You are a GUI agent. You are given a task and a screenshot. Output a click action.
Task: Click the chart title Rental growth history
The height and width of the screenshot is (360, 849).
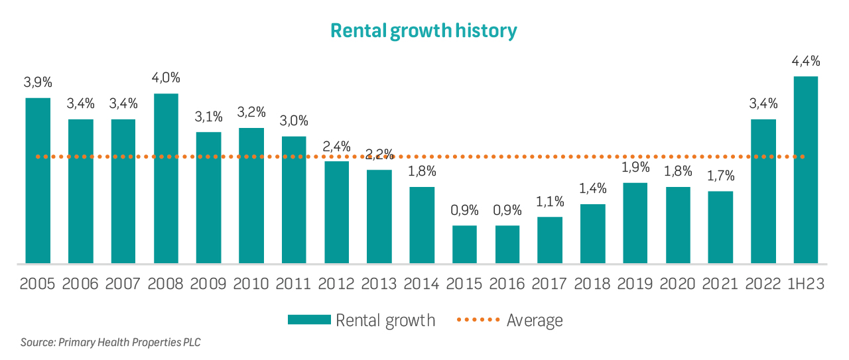[423, 31]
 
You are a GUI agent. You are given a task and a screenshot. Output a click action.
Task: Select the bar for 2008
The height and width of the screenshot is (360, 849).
[166, 178]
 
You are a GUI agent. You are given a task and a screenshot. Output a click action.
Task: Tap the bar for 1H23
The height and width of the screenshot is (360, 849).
[805, 170]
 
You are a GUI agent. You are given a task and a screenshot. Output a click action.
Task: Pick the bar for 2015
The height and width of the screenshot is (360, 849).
[464, 245]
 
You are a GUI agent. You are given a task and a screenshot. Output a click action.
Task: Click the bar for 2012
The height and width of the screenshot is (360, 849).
[336, 212]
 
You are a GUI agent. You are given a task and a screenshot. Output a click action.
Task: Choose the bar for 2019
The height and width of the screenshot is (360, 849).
[635, 223]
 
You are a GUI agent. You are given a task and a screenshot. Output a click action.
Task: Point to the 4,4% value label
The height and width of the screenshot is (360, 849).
[805, 62]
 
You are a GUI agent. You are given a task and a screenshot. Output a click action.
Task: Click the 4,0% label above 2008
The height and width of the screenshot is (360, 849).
[166, 78]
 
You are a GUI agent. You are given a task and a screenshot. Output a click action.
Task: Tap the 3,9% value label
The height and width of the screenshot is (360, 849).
[38, 83]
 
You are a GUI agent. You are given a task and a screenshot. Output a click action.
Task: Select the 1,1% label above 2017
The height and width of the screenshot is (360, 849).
[550, 202]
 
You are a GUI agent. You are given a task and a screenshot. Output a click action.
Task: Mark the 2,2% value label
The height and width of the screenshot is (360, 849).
[379, 154]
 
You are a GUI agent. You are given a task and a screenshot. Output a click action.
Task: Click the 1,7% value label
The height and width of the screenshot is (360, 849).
[720, 176]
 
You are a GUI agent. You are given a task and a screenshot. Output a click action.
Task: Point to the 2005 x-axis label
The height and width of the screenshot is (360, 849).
[38, 284]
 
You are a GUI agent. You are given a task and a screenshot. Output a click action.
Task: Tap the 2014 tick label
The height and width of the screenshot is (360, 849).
[422, 284]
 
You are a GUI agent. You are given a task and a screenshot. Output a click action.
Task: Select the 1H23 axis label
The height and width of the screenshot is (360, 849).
[805, 284]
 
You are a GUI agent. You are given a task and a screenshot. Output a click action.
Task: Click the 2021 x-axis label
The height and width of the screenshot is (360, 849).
[720, 284]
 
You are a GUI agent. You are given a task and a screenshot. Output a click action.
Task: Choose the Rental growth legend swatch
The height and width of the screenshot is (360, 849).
[308, 320]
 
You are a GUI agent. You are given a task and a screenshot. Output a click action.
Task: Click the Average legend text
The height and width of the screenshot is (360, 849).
[535, 320]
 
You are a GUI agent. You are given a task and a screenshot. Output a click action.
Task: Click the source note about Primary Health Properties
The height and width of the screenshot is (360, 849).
[110, 343]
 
